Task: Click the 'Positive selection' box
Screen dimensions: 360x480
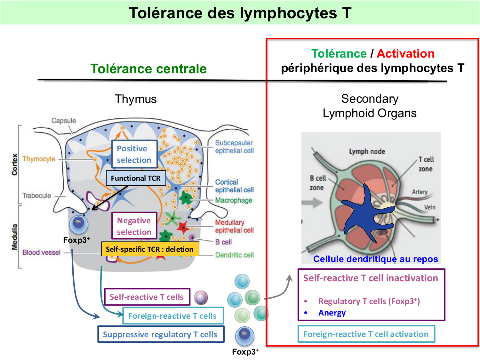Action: point(134,154)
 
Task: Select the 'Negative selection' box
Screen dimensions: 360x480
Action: point(134,226)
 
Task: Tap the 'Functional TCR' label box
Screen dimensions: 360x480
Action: point(136,178)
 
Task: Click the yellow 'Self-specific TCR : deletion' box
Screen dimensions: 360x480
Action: point(150,249)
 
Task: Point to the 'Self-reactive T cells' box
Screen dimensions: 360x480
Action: point(147,297)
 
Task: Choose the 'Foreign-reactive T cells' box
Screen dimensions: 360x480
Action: point(173,316)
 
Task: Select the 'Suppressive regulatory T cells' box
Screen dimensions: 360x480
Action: point(161,334)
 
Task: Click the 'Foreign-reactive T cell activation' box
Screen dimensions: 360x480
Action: point(366,334)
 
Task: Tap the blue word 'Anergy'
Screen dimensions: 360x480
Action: point(332,313)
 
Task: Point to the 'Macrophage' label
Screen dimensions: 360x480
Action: point(234,200)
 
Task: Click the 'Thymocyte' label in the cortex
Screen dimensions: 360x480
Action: point(39,159)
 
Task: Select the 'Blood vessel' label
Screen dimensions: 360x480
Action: point(41,252)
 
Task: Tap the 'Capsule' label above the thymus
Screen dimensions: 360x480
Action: point(64,121)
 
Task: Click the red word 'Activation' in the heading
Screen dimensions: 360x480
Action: point(405,53)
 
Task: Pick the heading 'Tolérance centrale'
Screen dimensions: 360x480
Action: point(148,69)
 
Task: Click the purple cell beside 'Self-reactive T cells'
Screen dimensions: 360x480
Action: point(201,298)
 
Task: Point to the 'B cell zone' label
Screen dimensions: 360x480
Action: point(317,183)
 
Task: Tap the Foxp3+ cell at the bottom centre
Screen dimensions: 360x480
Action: point(245,336)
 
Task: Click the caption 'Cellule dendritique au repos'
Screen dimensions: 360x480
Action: point(375,259)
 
